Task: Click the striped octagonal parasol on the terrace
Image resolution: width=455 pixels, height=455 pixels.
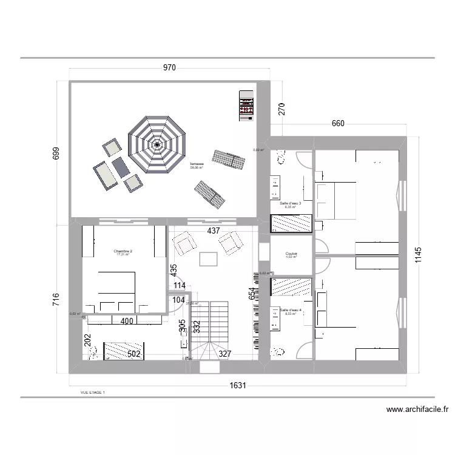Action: pos(158,144)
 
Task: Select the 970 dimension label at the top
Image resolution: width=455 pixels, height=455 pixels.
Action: pos(169,68)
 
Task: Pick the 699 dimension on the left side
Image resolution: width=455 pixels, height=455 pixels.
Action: pos(56,153)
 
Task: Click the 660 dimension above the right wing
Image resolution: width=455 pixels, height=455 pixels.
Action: pos(338,124)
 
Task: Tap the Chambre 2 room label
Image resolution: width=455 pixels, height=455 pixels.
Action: pos(123,252)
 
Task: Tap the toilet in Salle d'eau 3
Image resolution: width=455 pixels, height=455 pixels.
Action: pos(280,158)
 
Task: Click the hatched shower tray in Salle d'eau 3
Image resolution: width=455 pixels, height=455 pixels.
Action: pos(291,223)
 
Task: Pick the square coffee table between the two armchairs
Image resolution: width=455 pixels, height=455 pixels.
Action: pos(208,259)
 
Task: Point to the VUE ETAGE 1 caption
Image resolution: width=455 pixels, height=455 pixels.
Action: pos(92,393)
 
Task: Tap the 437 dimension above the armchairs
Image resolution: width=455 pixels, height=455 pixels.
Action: pos(213,231)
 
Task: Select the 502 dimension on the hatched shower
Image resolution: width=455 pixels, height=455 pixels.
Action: pos(133,354)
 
